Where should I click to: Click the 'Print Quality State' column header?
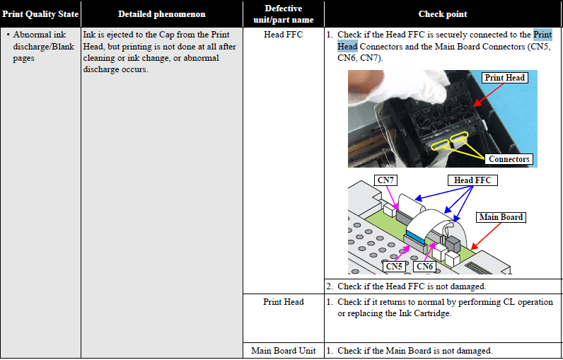[40, 13]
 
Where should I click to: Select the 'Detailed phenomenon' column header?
[161, 13]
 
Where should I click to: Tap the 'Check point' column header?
[442, 13]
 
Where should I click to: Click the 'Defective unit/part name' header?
[283, 13]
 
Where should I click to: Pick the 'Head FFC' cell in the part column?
[283, 35]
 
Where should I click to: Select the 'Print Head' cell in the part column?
[283, 302]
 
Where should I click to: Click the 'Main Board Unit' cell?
[283, 351]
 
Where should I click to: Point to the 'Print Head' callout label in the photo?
[504, 78]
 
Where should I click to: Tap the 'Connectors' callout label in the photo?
[509, 159]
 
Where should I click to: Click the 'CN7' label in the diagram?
[385, 180]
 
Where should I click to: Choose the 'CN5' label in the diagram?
[394, 267]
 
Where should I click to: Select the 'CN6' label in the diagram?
[424, 267]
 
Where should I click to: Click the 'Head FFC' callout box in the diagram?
[472, 180]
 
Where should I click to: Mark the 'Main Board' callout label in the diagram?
[501, 217]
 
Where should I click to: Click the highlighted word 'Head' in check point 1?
[347, 46]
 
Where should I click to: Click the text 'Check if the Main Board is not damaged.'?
[414, 351]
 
